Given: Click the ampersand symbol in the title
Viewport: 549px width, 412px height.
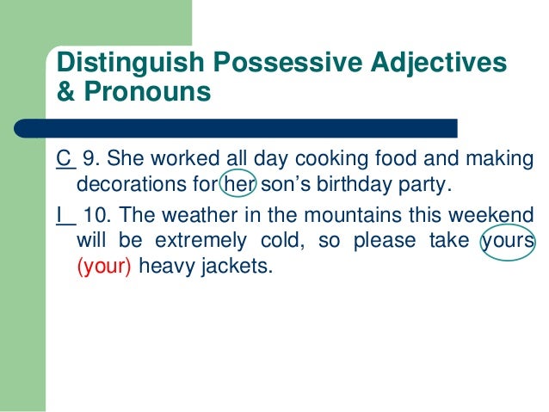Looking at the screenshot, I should (64, 91).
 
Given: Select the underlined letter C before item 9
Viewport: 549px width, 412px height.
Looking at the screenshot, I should (63, 160).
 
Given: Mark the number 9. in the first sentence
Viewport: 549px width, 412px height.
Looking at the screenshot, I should (91, 160).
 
